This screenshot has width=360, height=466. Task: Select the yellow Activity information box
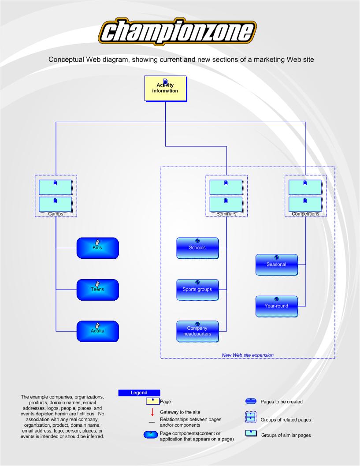[165, 88]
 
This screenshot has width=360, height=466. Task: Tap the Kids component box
[97, 248]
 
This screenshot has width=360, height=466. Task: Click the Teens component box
[97, 290]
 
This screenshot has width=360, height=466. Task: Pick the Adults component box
[97, 331]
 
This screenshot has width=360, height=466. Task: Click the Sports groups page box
[197, 290]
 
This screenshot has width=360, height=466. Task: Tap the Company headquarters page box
[197, 331]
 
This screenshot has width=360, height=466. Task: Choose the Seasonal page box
[276, 265]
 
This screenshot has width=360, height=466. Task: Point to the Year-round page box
[276, 306]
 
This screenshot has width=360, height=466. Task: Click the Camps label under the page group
[56, 214]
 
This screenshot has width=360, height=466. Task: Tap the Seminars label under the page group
[226, 214]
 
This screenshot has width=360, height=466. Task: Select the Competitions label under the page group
[305, 214]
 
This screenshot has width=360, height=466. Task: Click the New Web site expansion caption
[247, 354]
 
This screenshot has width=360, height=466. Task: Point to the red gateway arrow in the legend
[152, 412]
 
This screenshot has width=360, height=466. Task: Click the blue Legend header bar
[139, 392]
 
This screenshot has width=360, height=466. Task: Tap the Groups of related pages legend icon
[250, 418]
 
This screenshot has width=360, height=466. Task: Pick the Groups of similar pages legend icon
[250, 435]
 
